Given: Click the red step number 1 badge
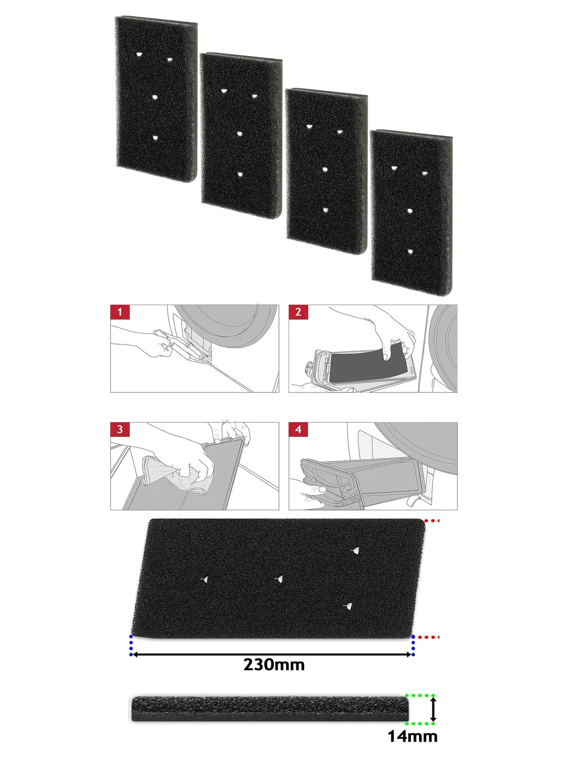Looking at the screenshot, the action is tap(120, 312).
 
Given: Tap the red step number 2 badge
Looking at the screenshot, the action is tap(298, 312).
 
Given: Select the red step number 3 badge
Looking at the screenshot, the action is tap(120, 429).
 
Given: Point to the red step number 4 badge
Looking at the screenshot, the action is tap(298, 429).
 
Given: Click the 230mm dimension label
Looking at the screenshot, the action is tap(274, 665).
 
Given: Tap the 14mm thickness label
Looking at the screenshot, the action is tap(412, 736).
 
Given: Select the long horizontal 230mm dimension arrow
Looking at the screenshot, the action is tap(272, 654).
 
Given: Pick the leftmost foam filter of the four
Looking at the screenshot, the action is tap(156, 99).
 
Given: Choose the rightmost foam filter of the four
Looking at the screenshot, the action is tap(411, 213).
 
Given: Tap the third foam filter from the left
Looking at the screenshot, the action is tap(326, 172).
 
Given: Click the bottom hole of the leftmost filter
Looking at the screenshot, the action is tap(156, 138).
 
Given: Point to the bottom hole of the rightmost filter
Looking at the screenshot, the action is tap(410, 252).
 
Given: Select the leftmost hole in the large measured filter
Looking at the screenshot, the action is tap(205, 579).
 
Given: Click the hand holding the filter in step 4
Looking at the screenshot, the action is tap(309, 490).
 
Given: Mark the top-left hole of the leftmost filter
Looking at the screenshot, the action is tap(139, 54).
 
